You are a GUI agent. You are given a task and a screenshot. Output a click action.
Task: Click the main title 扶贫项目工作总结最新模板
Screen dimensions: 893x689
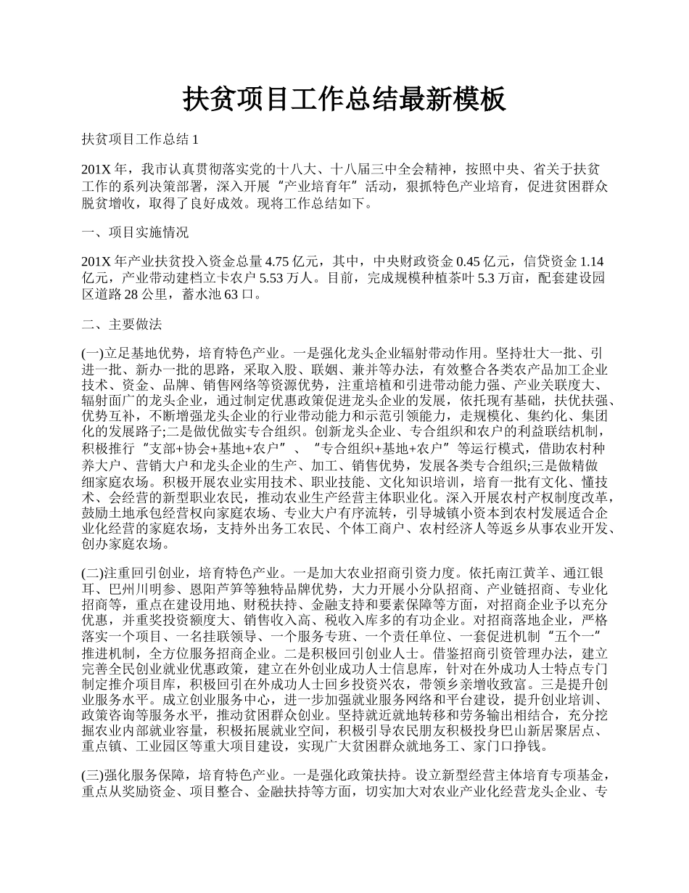click(344, 100)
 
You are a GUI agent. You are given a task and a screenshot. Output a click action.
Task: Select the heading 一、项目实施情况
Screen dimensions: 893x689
click(135, 232)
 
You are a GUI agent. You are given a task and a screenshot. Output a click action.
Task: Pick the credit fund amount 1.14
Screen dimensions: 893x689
click(593, 262)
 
